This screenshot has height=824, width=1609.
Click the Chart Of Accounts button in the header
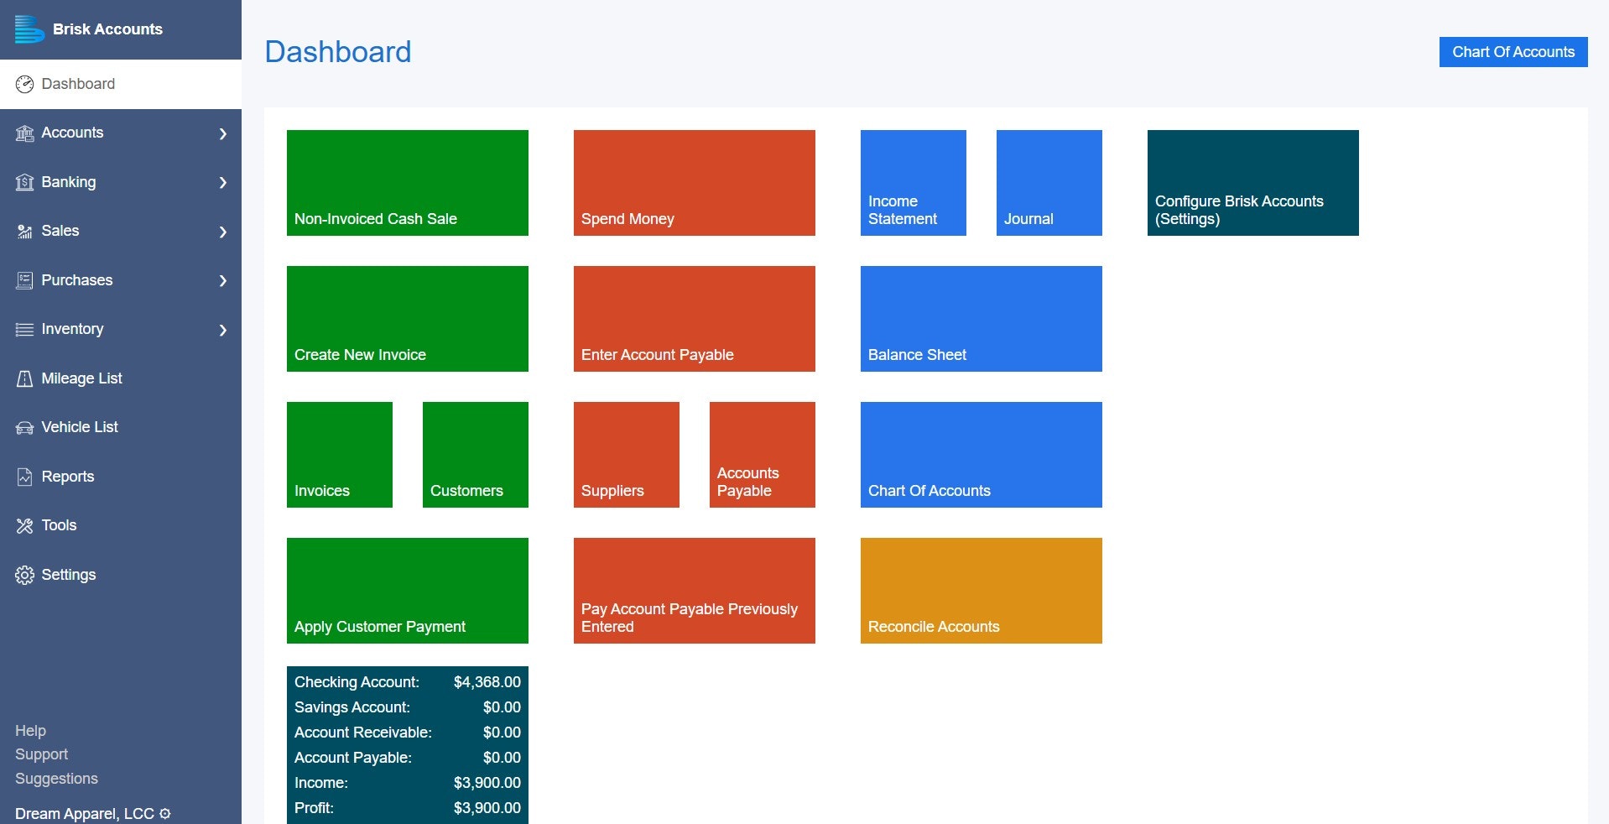click(1513, 52)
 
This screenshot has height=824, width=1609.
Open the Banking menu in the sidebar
click(69, 182)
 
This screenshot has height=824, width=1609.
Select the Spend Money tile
click(694, 183)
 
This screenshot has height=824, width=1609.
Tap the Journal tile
click(1049, 183)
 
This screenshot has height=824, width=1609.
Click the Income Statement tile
click(913, 183)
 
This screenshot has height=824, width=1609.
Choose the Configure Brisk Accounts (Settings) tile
click(1252, 183)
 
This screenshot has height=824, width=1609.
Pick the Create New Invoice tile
click(407, 319)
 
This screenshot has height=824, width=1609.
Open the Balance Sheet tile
click(981, 319)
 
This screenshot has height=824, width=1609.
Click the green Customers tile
click(475, 455)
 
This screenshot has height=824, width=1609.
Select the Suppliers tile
click(626, 455)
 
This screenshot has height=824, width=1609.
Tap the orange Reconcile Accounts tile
click(981, 591)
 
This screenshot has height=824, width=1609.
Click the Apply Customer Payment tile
click(407, 591)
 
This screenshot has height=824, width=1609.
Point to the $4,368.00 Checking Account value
click(487, 682)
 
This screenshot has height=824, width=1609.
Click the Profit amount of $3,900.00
click(487, 808)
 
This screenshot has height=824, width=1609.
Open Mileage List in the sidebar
click(81, 378)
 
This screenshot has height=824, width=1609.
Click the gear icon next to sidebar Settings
click(24, 575)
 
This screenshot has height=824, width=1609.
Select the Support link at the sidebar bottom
click(41, 754)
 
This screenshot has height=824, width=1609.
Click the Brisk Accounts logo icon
click(29, 29)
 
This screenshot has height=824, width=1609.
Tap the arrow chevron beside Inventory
click(223, 330)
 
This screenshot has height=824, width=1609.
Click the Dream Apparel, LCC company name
click(84, 814)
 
